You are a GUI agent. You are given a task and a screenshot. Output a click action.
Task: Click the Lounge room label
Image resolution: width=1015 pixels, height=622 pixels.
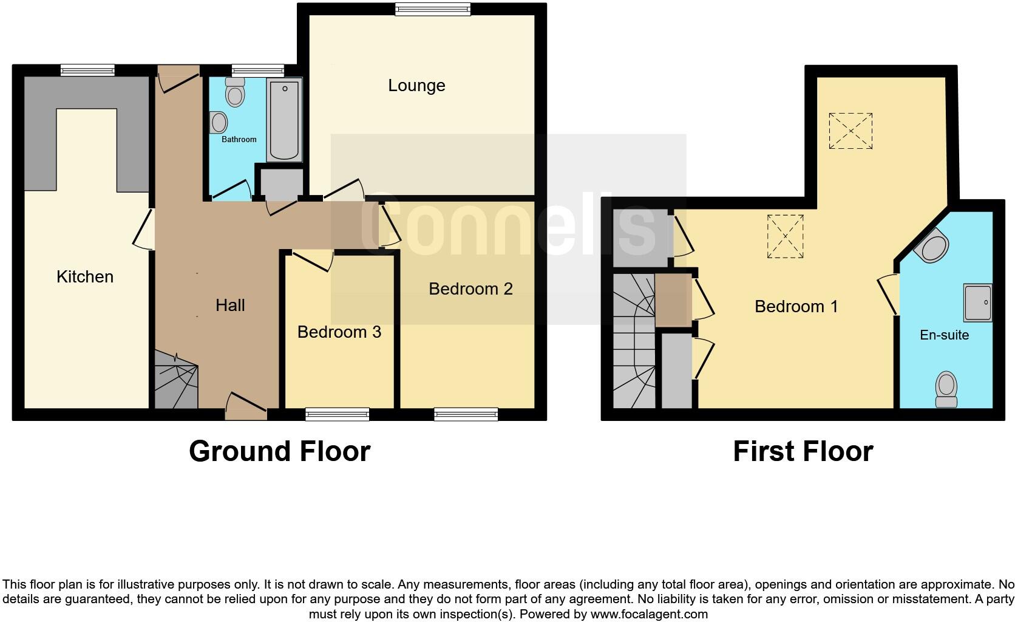coord(416,86)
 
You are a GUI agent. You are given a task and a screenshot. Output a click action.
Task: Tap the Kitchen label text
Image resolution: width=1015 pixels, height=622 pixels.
coord(85,277)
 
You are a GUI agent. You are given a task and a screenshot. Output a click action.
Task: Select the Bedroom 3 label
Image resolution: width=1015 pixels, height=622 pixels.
coord(339,332)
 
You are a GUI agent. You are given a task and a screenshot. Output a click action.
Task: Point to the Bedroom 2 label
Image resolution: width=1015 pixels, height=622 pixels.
coord(470,289)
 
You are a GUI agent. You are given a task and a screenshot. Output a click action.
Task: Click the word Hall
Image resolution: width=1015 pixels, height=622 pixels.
coord(230,305)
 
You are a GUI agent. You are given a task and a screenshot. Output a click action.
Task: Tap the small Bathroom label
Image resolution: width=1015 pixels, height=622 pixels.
coord(239,140)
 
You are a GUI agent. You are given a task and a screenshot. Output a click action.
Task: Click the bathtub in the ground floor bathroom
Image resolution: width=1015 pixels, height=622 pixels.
coord(284,120)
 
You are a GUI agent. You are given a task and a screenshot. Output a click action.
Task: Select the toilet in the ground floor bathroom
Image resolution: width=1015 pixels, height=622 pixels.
coord(234,93)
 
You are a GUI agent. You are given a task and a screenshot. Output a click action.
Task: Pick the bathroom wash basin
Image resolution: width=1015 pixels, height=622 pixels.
coord(219,123)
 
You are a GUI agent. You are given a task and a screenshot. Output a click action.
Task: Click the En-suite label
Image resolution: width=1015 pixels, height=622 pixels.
coord(944,335)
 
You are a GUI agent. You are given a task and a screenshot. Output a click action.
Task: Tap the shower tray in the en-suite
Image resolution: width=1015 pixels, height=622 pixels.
coord(977,302)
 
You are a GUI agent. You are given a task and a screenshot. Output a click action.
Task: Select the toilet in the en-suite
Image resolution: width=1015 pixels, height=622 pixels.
coord(946,389)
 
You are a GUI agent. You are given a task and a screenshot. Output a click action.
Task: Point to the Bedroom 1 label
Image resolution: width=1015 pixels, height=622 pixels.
coord(796,307)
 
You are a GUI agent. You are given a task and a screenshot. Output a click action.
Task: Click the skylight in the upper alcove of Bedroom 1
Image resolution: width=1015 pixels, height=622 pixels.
coord(850,131)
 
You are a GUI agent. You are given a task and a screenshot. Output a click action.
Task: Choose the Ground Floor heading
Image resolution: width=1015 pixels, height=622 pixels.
coord(279,451)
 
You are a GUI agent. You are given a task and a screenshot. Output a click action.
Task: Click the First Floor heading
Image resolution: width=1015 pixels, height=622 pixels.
coord(803,451)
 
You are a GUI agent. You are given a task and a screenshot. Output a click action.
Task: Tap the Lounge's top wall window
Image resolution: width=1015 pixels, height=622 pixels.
coord(432,9)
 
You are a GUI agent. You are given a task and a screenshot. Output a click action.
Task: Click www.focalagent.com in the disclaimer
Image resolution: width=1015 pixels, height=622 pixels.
coord(648,614)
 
